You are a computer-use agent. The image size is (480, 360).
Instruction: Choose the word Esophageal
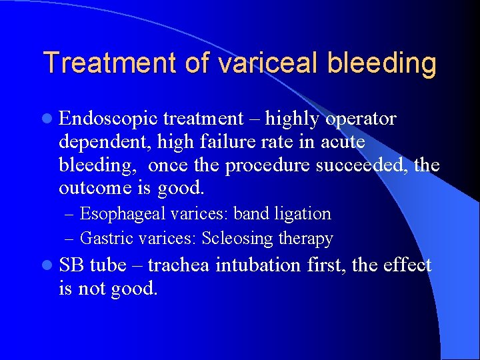119,214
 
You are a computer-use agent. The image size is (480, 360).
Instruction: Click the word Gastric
102,238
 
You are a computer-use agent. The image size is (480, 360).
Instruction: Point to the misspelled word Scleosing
232,238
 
